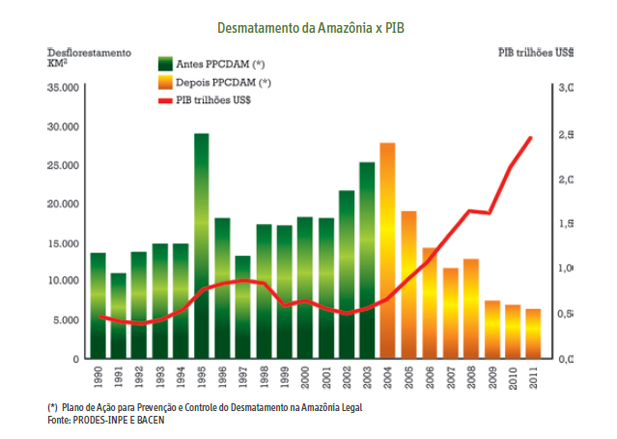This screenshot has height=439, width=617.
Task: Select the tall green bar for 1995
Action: point(202,246)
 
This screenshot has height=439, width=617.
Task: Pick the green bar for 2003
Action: point(367,261)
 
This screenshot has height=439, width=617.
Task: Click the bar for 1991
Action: point(118,316)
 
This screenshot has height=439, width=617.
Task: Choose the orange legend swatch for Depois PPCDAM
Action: point(166,83)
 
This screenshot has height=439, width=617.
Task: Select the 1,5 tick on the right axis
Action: point(570,224)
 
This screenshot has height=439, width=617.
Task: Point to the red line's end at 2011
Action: point(532,138)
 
